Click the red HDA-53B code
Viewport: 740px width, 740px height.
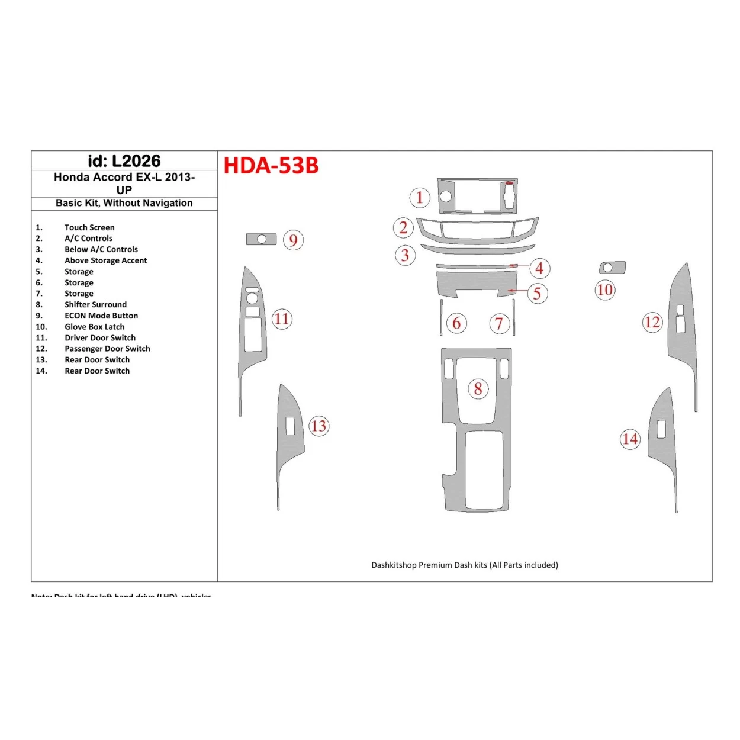pos(271,166)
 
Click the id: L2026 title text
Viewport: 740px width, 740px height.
pos(124,161)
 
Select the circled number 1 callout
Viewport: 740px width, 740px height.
pos(420,197)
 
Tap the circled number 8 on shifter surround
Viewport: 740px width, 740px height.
pos(478,389)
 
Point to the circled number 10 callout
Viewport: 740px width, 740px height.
pos(605,289)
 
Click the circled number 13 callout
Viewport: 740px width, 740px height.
pos(318,426)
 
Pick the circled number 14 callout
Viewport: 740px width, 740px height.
pos(630,439)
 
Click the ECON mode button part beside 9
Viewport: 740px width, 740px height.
pos(261,239)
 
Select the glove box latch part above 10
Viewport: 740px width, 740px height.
pos(612,268)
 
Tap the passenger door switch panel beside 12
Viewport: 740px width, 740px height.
pos(681,332)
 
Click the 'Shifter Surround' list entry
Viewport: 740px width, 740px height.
pos(95,304)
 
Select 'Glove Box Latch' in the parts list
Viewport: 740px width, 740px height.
pos(94,327)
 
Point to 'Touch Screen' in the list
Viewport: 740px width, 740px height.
pos(89,227)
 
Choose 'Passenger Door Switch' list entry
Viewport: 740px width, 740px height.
pos(107,349)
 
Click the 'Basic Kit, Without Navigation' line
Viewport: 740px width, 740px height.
pos(124,203)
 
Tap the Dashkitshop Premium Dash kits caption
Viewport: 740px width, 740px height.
pos(465,565)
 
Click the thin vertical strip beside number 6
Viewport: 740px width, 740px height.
pos(441,317)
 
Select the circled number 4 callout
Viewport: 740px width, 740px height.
pos(539,268)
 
